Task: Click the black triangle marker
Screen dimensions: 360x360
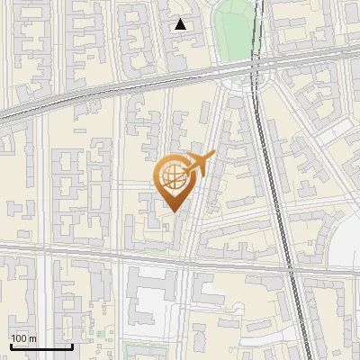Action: coord(181,24)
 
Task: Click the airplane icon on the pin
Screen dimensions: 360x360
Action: coord(200,166)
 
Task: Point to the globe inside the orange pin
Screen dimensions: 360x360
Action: coord(171,176)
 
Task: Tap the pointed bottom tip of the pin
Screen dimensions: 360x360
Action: coord(174,211)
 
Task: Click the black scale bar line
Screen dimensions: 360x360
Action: coord(40,346)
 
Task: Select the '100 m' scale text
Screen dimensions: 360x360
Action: coord(24,338)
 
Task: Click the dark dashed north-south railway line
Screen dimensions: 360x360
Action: coord(274,180)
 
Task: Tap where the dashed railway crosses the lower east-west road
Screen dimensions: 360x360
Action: coord(291,268)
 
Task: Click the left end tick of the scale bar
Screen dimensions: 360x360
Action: coord(10,345)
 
